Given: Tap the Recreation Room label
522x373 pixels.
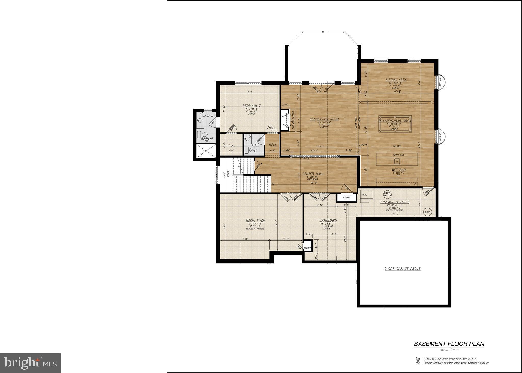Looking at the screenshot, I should tap(324, 119).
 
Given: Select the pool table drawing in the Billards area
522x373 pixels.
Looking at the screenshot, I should tap(394, 127).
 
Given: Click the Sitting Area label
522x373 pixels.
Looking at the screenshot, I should tap(396, 80).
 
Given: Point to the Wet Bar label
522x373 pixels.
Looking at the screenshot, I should tap(398, 170).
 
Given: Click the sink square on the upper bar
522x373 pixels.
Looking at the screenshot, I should tap(396, 161).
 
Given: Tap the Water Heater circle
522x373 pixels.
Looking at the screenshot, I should tap(387, 194).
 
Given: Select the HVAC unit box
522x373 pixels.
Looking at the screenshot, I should tap(366, 196).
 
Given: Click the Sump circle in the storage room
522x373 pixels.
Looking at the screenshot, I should tap(427, 212).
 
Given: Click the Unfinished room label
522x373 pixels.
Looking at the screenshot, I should tap(328, 221).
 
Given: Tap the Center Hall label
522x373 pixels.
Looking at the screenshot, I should tap(313, 174).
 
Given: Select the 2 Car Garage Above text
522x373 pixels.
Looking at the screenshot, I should tap(402, 269).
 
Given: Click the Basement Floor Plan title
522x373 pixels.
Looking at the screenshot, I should tap(449, 344).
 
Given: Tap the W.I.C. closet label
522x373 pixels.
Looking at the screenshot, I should tap(231, 145).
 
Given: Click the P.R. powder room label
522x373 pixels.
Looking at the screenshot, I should tap(255, 145).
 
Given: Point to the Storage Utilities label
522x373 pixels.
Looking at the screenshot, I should tap(395, 202).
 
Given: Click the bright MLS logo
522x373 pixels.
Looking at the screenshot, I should tap(30, 363).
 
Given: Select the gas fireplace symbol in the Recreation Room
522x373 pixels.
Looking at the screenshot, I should tap(284, 121).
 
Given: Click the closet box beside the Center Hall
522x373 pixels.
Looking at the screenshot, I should tap(346, 197).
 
